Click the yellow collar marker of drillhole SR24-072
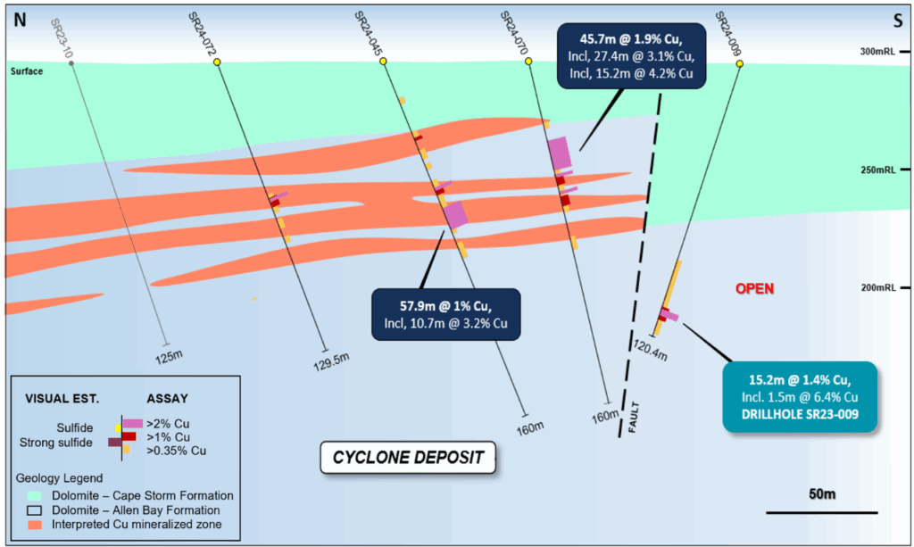point(217,62)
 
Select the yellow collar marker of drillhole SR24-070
point(528,62)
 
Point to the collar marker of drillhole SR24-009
point(740,62)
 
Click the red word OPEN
point(754,288)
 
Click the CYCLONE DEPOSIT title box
point(408,458)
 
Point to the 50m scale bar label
point(821,493)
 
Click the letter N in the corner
point(20,21)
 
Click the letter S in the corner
point(896,21)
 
